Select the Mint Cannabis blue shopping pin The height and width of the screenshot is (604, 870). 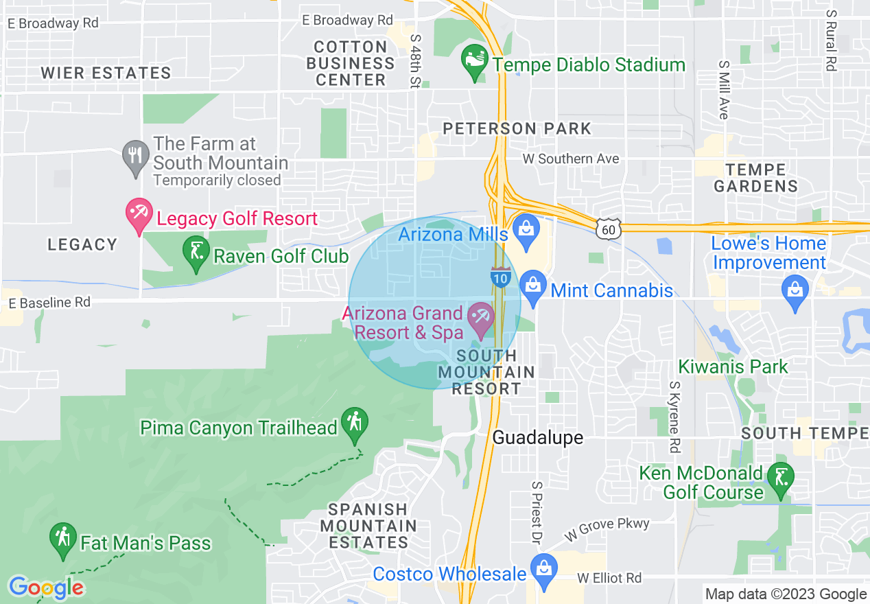tap(532, 289)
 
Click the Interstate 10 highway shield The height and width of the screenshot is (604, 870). tap(499, 276)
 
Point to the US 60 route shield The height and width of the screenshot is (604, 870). tap(609, 229)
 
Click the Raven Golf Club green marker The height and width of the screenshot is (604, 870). tap(196, 254)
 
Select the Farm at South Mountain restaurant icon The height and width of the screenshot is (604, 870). tap(135, 158)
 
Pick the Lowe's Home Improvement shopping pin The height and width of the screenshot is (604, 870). tap(795, 292)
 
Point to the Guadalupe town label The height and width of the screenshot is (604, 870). tap(538, 437)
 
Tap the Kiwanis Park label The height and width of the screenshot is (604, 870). tap(733, 367)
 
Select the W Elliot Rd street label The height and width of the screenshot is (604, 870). tap(609, 578)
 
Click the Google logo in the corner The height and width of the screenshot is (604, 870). tap(46, 588)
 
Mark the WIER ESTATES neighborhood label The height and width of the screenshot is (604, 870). tap(106, 73)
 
